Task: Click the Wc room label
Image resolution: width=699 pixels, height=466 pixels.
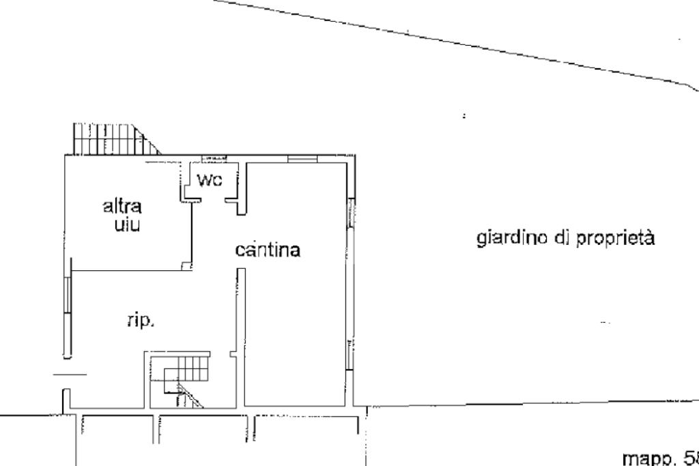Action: click(x=210, y=181)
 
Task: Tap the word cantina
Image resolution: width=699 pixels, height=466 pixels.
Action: click(x=268, y=250)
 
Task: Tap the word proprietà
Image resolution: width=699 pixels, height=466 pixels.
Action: click(x=616, y=239)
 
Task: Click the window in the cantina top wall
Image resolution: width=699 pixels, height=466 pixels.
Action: click(x=302, y=159)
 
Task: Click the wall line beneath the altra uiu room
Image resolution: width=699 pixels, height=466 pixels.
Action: click(x=130, y=270)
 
